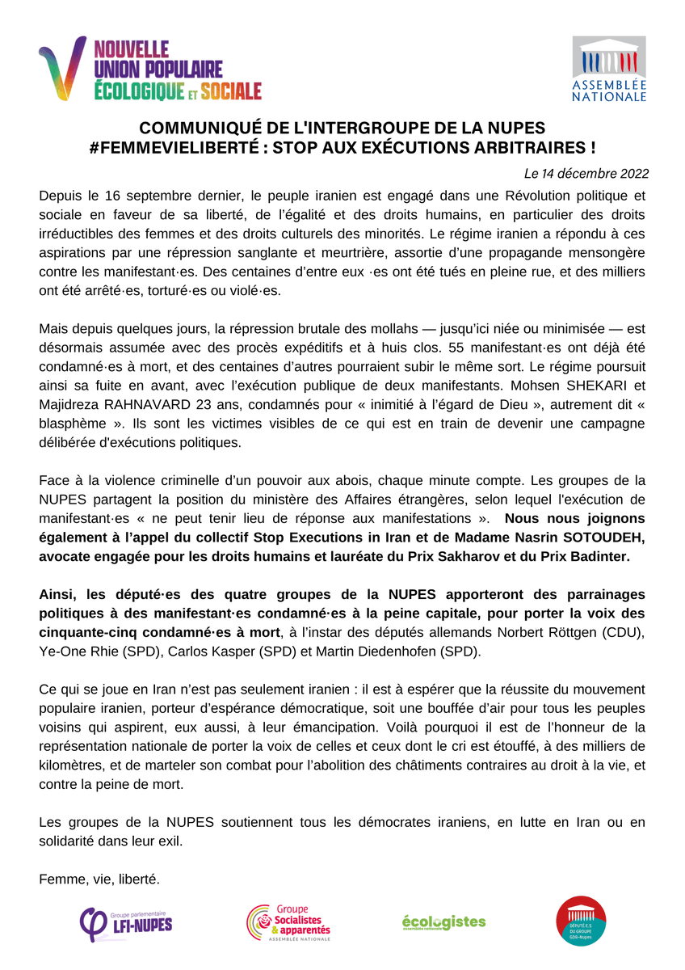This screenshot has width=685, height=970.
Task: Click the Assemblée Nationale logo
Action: coord(609,69)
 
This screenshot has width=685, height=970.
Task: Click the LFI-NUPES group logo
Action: coord(126,920)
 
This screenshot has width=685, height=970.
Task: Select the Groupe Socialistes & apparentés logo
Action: coord(288,923)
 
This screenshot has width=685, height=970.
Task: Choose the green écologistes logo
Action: coord(443,921)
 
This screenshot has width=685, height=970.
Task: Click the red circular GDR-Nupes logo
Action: coord(581,921)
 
